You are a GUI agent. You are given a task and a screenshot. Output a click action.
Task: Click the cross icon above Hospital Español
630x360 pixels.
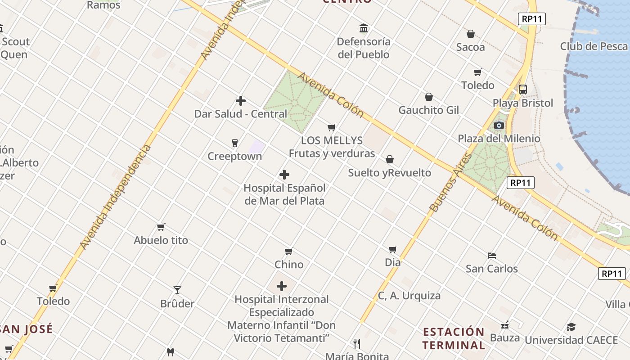(x=284, y=175)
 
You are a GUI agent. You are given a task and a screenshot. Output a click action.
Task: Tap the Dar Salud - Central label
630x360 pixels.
(x=240, y=114)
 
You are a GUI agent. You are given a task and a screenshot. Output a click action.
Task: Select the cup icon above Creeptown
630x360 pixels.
(x=234, y=143)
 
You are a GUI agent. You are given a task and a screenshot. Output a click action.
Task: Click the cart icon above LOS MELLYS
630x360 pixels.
(x=332, y=128)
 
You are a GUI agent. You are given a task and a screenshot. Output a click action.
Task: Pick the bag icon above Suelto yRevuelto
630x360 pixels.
(x=390, y=159)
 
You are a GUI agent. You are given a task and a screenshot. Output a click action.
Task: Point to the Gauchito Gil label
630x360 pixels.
(x=429, y=110)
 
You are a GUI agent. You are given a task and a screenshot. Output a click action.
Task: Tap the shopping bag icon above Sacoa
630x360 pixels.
(x=471, y=34)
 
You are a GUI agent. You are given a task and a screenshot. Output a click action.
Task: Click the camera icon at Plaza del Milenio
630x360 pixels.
(x=499, y=125)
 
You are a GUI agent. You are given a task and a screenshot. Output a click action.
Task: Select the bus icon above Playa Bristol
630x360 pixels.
(x=522, y=89)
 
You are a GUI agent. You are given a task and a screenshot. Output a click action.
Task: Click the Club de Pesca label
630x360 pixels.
(x=594, y=46)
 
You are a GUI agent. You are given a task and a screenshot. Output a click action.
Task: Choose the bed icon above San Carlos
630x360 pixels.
(x=492, y=256)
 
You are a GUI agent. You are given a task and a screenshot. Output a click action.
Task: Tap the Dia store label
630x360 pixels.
(x=393, y=262)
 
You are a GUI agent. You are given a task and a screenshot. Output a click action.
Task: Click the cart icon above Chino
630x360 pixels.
(x=289, y=251)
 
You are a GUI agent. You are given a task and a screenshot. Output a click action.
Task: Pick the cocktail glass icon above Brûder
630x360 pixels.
(x=177, y=290)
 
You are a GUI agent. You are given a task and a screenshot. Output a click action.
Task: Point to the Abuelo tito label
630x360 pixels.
(x=161, y=240)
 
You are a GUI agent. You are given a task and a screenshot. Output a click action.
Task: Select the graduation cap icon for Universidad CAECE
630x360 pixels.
(x=571, y=327)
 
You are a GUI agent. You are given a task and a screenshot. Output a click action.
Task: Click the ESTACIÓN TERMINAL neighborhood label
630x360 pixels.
(x=454, y=338)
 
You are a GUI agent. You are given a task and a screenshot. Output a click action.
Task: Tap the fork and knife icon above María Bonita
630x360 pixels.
(x=357, y=344)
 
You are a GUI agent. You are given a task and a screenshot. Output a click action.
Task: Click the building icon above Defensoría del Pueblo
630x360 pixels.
(x=364, y=28)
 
